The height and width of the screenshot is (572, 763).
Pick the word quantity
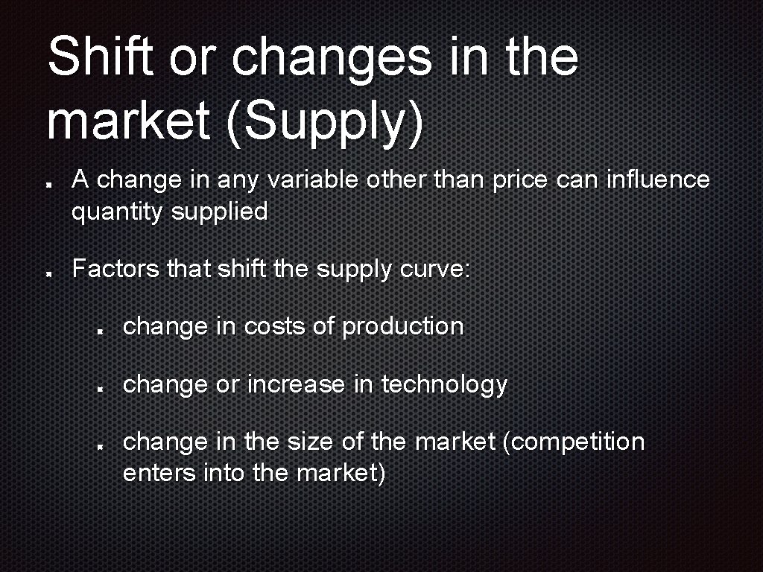117,212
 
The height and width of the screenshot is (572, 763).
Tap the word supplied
220,212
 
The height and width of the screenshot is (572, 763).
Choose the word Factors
115,268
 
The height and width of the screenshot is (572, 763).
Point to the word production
402,326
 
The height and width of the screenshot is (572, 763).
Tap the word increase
297,384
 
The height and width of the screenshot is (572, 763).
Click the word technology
444,384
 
